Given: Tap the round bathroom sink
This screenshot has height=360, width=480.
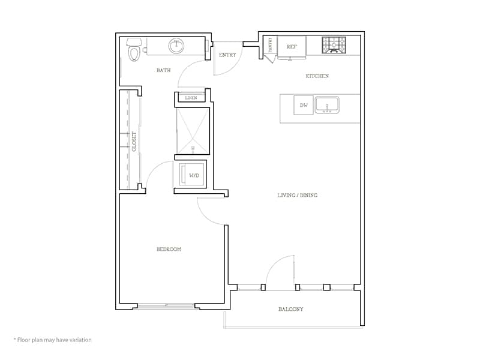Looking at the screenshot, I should coord(176,46).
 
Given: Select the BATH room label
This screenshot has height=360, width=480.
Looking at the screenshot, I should coord(163,70).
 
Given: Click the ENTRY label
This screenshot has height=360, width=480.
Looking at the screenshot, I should coord(227,55).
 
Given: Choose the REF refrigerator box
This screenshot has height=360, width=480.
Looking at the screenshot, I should coord(292,46).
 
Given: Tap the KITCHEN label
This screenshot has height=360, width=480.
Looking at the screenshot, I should coord(317,76).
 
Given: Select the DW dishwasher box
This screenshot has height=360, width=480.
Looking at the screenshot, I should coord(304,106).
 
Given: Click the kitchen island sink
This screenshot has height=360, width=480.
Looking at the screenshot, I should coord(327,105).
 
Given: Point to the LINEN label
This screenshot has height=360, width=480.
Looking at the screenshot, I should coord(191,98).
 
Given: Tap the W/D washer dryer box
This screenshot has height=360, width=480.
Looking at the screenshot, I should coord(193,175).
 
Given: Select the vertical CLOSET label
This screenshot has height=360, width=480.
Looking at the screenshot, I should coord(135,141).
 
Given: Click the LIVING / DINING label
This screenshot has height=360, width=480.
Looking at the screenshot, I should coord(297,195).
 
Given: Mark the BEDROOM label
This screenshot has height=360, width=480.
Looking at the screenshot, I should coord(169,249).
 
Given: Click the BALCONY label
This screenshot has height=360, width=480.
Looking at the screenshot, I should coord(290,309).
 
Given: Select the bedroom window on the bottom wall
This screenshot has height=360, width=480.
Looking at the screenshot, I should coord(165,307).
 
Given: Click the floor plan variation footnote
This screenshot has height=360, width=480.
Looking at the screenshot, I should coord(52,340).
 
